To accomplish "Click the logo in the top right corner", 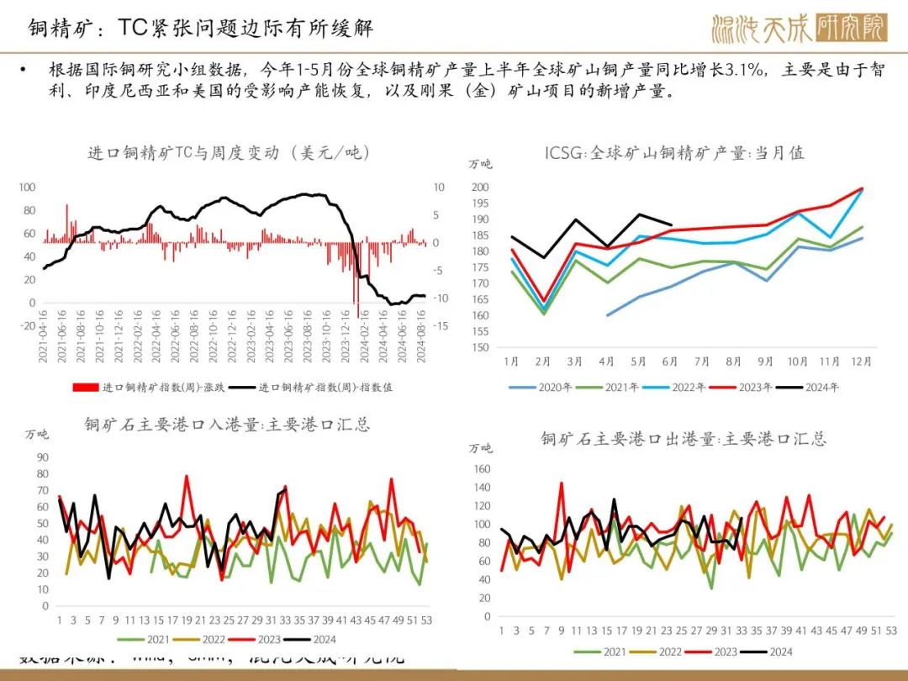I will pos(799,29).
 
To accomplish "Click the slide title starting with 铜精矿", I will pos(196,29).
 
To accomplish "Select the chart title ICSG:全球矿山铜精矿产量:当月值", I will pos(674,152).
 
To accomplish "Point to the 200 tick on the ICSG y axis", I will pos(479,187).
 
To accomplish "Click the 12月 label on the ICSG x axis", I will pos(861,362).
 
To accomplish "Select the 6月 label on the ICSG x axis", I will pos(669,362).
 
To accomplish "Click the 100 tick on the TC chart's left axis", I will pos(28,187).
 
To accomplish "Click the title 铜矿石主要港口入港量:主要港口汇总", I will pos(227,424).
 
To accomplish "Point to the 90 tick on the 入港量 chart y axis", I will pos(40,457).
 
